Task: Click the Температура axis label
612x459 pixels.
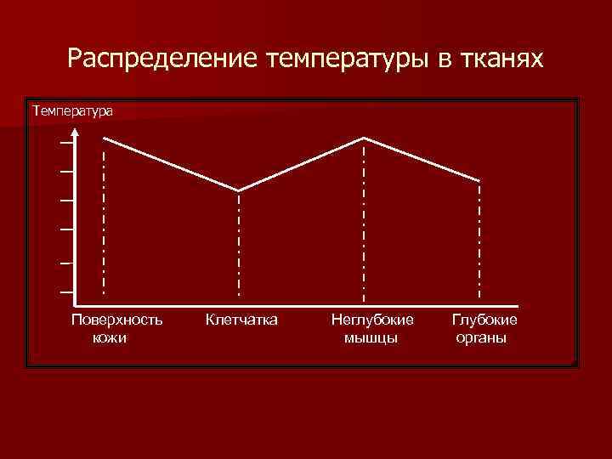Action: [x=72, y=110]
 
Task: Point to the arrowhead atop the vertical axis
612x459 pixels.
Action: [x=76, y=132]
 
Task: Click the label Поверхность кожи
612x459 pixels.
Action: [x=116, y=329]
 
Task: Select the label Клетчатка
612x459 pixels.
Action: [x=241, y=320]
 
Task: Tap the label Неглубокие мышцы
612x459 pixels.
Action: [x=371, y=329]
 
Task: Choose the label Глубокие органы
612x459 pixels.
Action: [x=484, y=329]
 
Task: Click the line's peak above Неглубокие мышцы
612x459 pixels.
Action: [x=365, y=138]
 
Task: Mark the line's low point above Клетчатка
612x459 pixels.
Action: [x=239, y=190]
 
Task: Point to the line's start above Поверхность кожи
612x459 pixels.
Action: [x=104, y=137]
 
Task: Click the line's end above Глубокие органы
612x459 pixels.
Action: [x=479, y=180]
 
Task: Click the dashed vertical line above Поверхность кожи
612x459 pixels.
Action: [x=104, y=221]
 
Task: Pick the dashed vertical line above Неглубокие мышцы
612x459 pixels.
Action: [x=365, y=221]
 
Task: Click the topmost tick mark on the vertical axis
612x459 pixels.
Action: [x=65, y=143]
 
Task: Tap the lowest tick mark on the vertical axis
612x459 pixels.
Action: [x=65, y=292]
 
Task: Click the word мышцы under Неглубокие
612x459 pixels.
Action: [x=371, y=337]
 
